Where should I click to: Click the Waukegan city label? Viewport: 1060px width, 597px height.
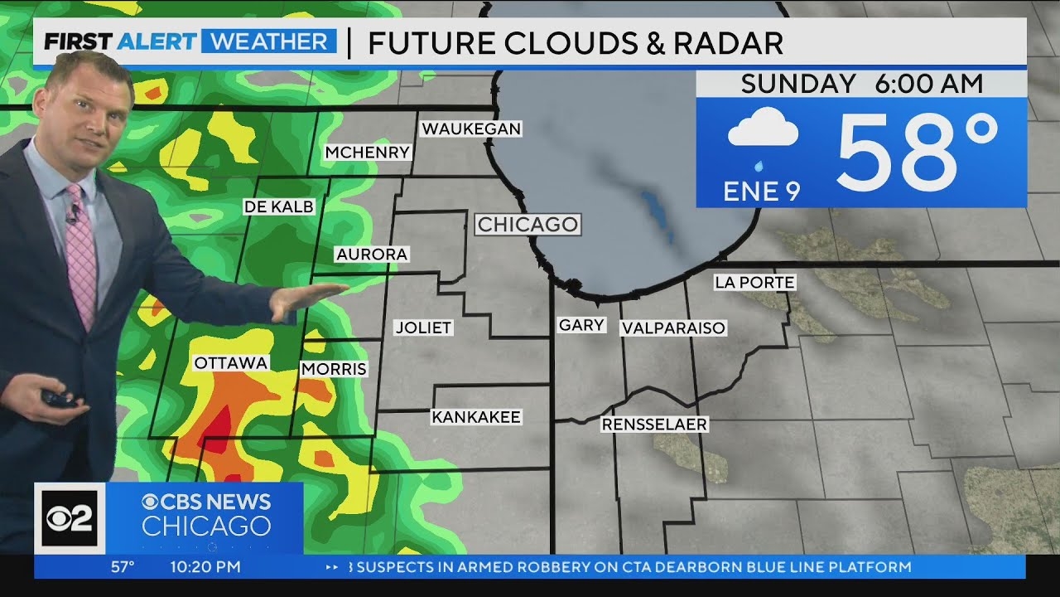pos(470,129)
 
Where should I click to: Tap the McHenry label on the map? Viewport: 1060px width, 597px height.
pos(367,153)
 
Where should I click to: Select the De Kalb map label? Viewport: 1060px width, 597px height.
pos(279,207)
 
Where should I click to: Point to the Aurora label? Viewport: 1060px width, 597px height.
pos(372,255)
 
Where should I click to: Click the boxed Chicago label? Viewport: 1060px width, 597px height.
pos(528,225)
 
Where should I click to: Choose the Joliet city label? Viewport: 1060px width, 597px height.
pos(423,328)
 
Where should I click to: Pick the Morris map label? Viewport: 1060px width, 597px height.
pos(334,369)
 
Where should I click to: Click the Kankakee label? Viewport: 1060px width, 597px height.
pos(476,417)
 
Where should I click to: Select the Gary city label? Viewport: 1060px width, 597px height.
pos(581,326)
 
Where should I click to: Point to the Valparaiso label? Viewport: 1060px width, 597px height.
pos(673,328)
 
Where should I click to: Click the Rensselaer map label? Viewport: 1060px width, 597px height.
pos(654,425)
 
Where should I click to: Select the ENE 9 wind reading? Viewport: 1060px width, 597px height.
pos(762,192)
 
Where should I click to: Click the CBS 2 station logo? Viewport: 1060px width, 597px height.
pos(69,518)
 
